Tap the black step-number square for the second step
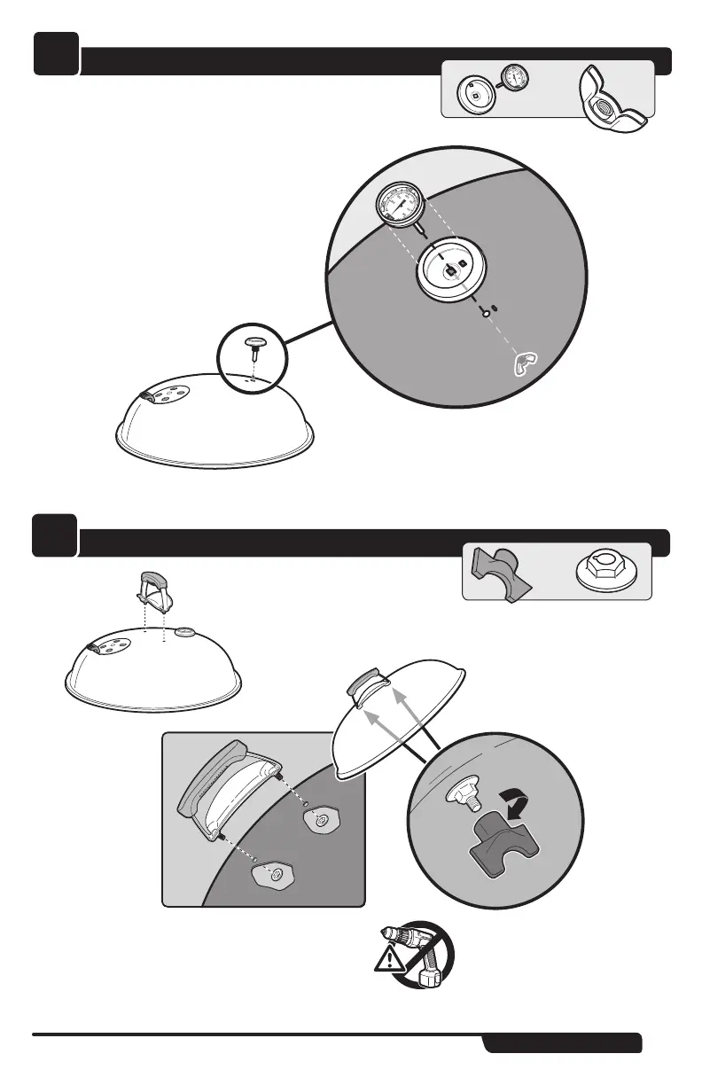pyautogui.click(x=57, y=537)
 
